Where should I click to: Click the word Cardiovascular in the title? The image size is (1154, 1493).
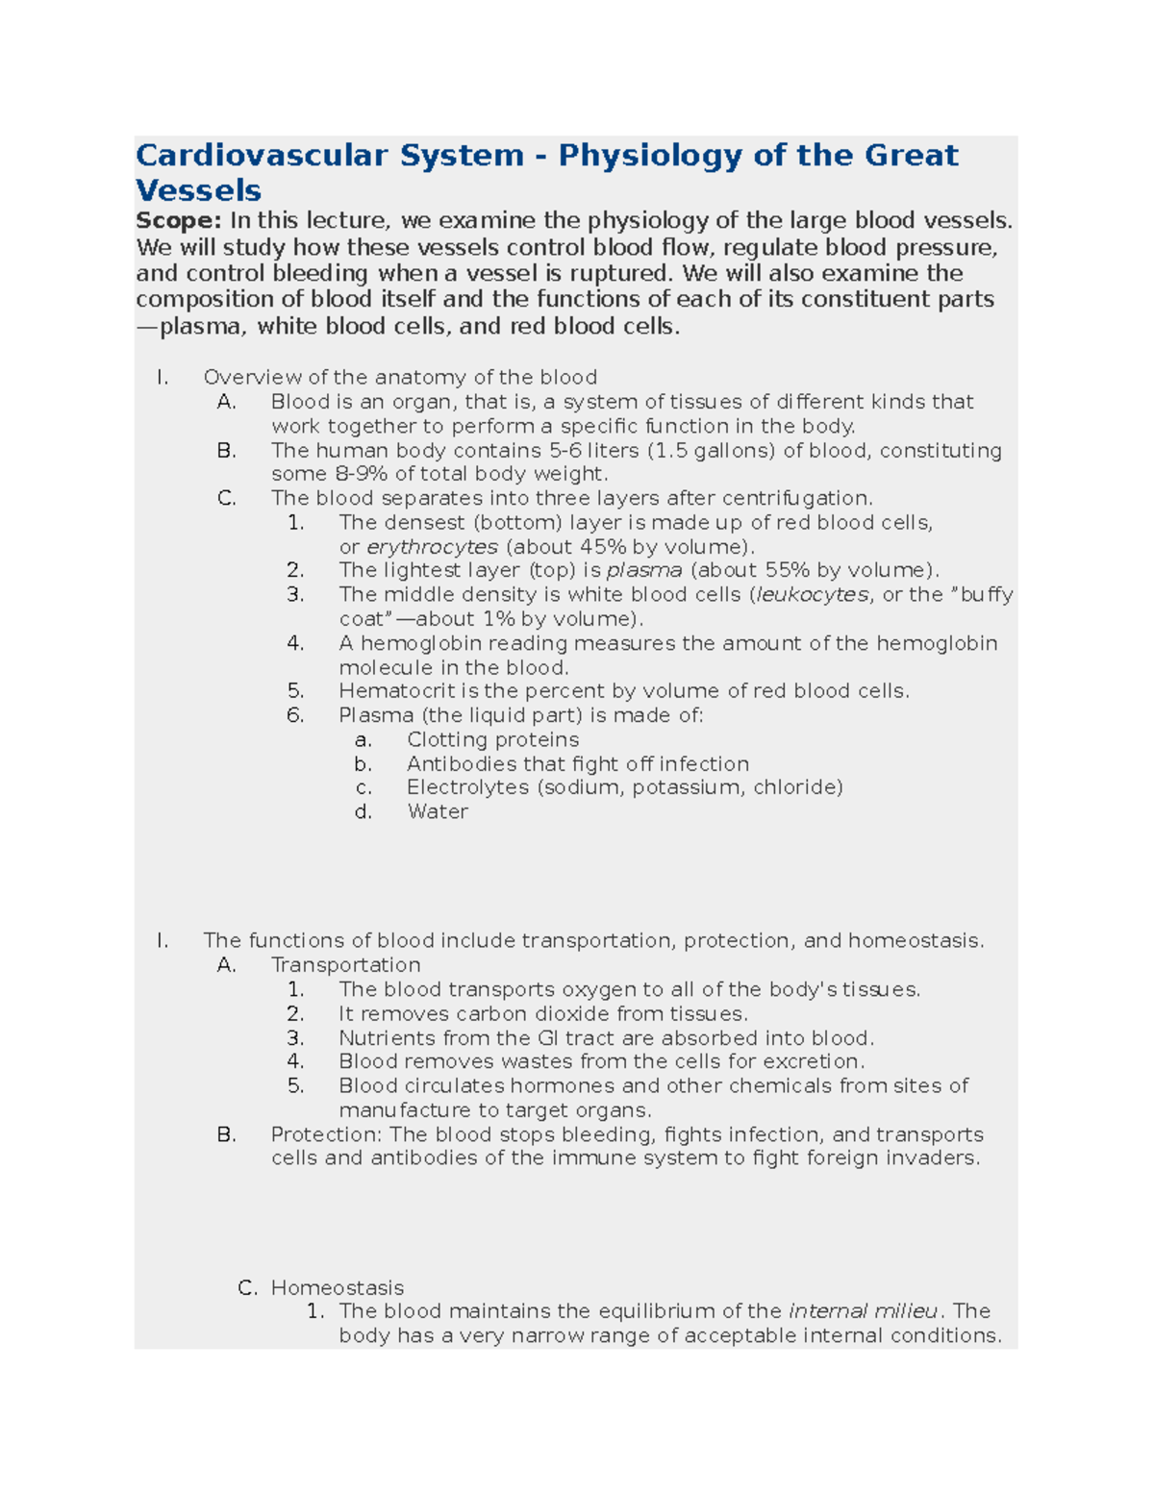click(x=262, y=155)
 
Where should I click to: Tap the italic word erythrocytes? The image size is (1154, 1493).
click(x=433, y=547)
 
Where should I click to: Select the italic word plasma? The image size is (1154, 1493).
click(x=644, y=570)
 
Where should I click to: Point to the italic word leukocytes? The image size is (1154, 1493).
click(x=813, y=595)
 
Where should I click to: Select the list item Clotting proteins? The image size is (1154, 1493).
click(x=492, y=740)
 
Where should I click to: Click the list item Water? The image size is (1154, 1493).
click(x=438, y=812)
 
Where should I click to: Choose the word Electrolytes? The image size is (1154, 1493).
click(x=467, y=787)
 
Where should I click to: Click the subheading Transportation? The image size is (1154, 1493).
click(x=345, y=965)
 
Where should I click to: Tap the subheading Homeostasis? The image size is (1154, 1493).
click(x=337, y=1288)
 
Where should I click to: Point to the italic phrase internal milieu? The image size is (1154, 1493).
click(x=863, y=1311)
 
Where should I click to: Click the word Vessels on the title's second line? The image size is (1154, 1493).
click(x=198, y=189)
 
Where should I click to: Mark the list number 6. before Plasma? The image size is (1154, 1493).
click(x=295, y=715)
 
